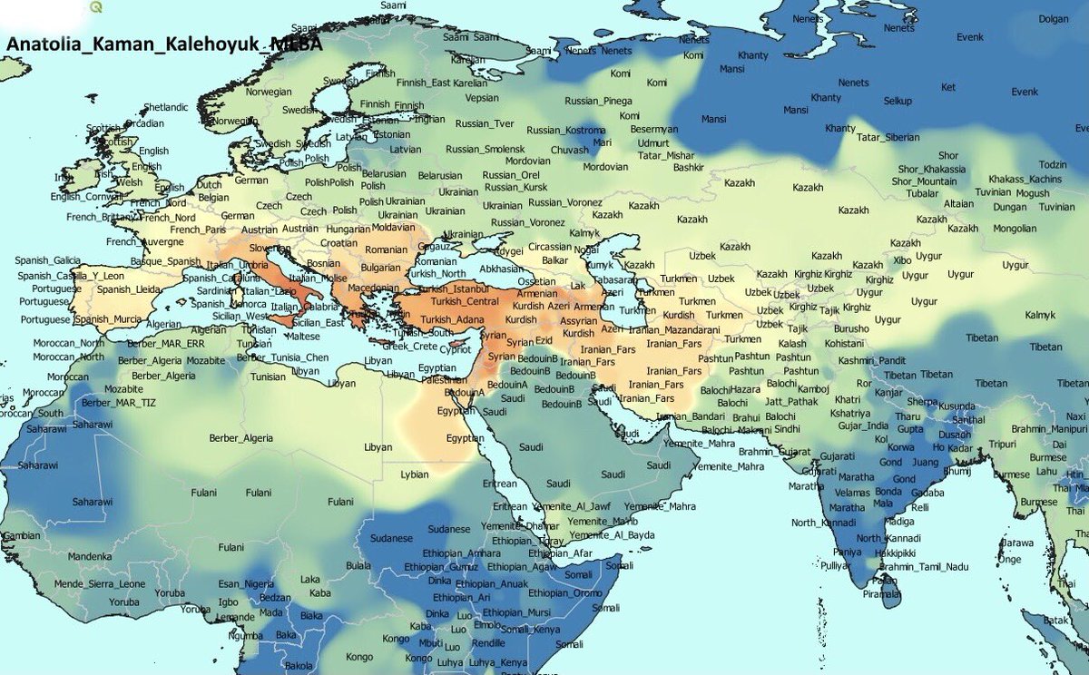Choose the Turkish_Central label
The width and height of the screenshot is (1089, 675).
point(464,301)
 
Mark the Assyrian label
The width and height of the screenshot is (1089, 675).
point(577,321)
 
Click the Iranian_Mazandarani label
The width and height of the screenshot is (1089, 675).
point(667,329)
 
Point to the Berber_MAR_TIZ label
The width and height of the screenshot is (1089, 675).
point(113,403)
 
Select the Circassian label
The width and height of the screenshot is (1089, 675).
point(551,246)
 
